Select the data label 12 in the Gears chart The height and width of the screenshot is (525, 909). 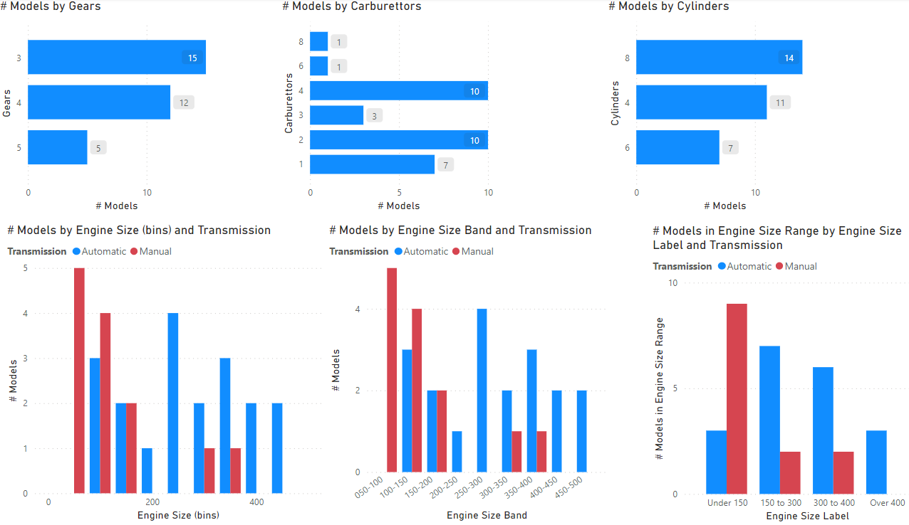point(184,102)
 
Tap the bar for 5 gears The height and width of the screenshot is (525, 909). point(57,147)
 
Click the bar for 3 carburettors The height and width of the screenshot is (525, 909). point(336,115)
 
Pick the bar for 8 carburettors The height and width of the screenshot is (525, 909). point(318,42)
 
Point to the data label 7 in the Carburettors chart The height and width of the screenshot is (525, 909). point(445,165)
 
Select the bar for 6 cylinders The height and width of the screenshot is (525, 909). point(677,147)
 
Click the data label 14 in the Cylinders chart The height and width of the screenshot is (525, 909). point(789,58)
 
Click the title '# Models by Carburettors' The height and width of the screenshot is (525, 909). point(352,6)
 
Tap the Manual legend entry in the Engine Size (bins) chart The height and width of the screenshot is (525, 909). point(155,251)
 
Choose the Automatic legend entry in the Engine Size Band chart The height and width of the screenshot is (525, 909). point(425,251)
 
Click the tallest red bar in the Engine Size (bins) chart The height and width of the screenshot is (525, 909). point(79,381)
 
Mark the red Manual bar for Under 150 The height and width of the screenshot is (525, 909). point(737,398)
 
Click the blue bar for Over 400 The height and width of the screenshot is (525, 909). point(876,462)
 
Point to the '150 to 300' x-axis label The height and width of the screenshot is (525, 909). point(780,503)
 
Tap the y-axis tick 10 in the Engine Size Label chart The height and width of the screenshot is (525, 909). point(673,283)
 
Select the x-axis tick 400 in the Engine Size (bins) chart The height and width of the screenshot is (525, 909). point(256,502)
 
